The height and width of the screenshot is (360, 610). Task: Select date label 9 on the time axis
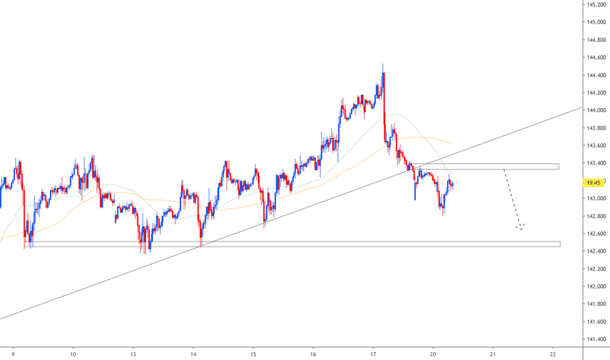coord(13,351)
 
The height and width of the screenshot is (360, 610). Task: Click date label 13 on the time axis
coord(133,351)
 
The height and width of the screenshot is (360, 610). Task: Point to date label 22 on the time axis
coord(553,351)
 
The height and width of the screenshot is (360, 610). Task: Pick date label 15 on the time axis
coord(253,351)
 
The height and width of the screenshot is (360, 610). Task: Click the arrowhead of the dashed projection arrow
coord(520,228)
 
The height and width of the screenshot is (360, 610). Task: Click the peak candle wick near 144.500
coord(382,65)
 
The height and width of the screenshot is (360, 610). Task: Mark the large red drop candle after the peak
coord(384,105)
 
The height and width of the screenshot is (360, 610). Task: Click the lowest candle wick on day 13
coord(150,251)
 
